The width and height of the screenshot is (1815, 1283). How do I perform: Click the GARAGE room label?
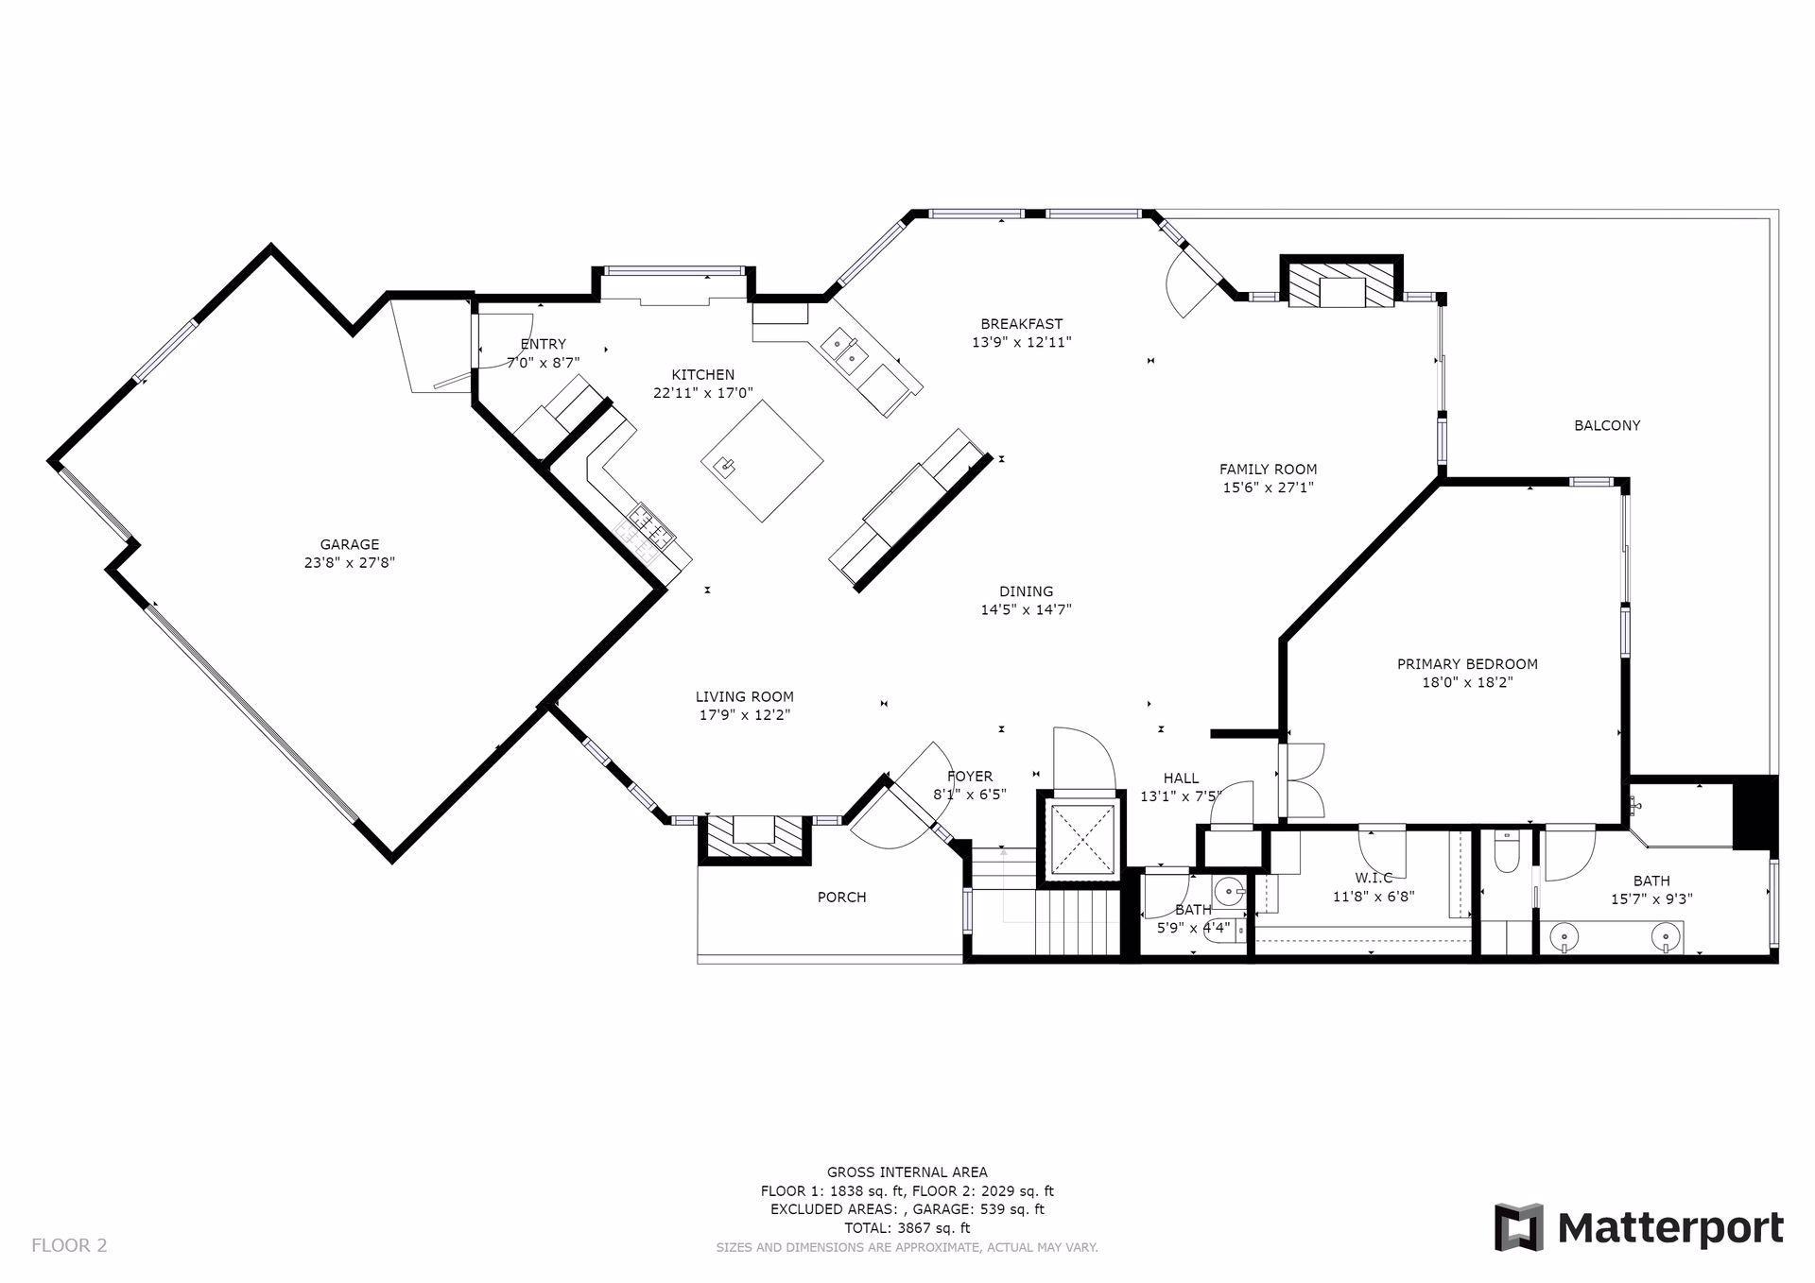coord(350,544)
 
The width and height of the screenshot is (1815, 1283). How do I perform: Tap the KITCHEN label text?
coord(703,375)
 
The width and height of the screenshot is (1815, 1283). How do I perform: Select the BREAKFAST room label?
coord(1022,324)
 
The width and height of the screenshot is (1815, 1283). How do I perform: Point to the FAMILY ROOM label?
coord(1268,470)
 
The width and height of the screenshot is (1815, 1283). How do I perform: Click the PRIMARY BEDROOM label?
coord(1467,664)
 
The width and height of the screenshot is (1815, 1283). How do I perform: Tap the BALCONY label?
coord(1607,426)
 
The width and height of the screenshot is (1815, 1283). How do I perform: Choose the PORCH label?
coord(841,898)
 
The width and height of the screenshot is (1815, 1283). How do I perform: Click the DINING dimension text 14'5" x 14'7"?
coord(1026,610)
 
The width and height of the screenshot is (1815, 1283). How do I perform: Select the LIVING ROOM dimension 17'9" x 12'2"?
coord(745,715)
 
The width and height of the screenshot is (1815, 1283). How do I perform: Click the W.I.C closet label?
coord(1374,879)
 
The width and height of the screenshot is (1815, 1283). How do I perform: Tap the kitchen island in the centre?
coord(762,461)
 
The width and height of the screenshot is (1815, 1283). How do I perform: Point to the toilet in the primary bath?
coord(1506,853)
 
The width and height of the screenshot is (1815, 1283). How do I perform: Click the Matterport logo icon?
coord(1518,1227)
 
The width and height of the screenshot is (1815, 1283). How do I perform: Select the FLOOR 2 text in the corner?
coord(69,1245)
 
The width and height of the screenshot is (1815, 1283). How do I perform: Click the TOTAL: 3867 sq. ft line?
coord(907,1228)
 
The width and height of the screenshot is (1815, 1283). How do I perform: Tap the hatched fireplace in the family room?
coord(1341,283)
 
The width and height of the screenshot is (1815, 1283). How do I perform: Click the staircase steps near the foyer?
coord(1078,923)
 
